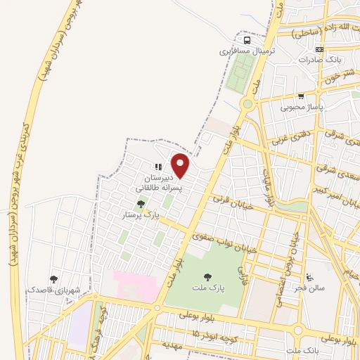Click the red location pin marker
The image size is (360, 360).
point(181,165)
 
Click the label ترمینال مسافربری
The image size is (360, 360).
point(245,51)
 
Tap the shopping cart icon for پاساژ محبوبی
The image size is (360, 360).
point(301,96)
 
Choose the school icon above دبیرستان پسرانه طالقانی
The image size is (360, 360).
point(158,167)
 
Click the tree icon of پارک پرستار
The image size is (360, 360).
point(141,204)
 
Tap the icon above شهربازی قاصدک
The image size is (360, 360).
point(53,279)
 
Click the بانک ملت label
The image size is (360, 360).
point(304,349)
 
